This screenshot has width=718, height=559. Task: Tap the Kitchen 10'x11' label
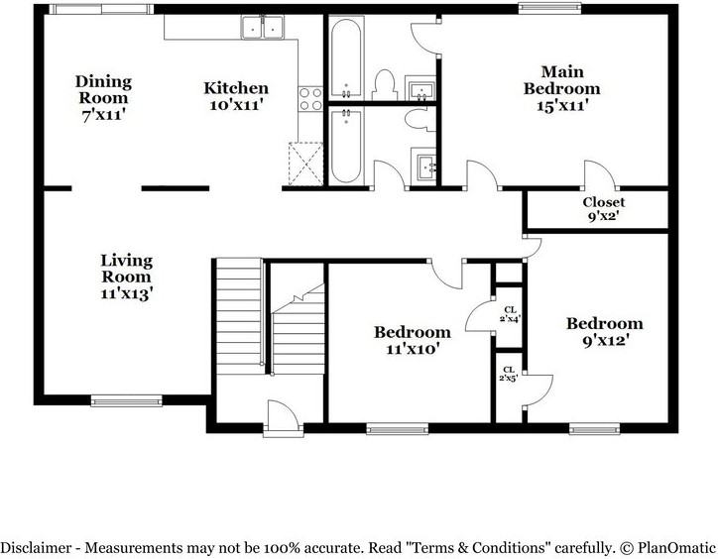coord(236,96)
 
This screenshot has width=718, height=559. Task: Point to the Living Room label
coord(127,277)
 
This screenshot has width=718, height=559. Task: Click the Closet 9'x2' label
coord(603,209)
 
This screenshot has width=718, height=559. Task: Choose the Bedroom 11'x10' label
coord(412,340)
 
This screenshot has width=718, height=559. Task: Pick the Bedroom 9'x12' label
coord(604,331)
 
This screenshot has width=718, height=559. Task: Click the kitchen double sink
coord(263,30)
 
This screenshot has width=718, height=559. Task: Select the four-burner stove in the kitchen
coord(310,98)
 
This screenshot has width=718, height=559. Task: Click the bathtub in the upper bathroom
coord(347,57)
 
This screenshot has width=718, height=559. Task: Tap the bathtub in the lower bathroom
coord(347,145)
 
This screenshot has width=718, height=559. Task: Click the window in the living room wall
coord(126,400)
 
